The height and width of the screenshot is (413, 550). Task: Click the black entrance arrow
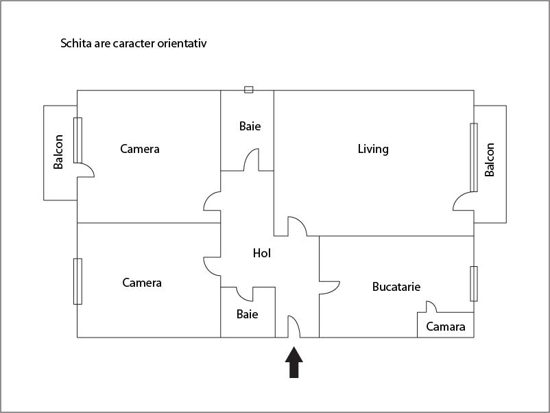(294, 362)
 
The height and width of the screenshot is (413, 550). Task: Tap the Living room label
(373, 149)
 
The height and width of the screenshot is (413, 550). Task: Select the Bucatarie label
(396, 287)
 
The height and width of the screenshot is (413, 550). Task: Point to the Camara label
(446, 327)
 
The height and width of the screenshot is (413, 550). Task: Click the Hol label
(262, 253)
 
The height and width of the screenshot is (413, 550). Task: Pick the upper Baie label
(250, 126)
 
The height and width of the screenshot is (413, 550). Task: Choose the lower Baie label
(247, 314)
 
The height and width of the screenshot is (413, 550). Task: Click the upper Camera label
(139, 149)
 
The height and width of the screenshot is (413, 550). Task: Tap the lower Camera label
(142, 283)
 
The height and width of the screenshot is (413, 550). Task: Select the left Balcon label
(59, 152)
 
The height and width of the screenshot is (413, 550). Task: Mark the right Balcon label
(490, 160)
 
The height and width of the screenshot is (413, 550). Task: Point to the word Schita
(76, 43)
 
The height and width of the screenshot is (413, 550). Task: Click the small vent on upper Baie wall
(248, 90)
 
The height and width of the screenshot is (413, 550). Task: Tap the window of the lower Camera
(77, 281)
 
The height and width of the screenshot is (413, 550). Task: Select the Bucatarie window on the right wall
(473, 283)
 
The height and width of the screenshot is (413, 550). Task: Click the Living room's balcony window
(473, 157)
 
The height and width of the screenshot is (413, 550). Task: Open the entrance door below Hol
(294, 327)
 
